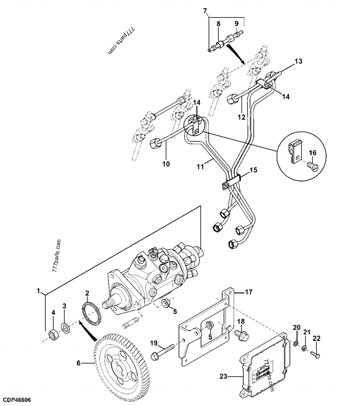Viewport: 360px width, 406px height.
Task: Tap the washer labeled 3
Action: point(66,328)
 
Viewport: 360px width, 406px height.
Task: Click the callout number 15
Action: point(253,170)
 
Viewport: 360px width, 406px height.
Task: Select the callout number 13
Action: point(299,61)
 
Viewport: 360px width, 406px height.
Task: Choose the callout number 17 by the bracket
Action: point(249,292)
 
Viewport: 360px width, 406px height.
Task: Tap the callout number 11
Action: point(201,166)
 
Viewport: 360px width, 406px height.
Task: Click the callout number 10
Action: point(166,164)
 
